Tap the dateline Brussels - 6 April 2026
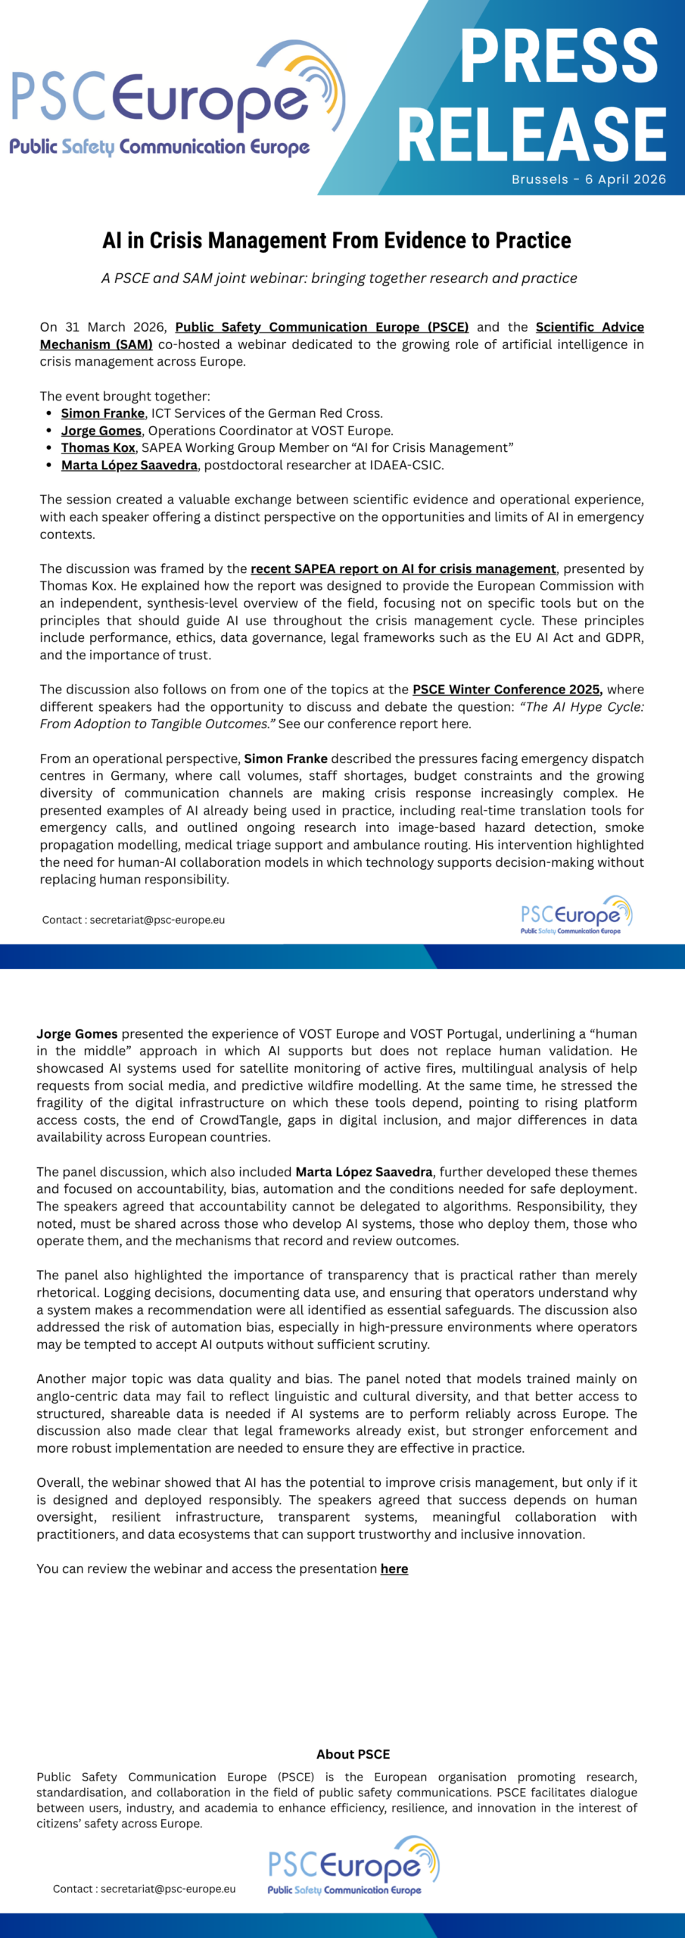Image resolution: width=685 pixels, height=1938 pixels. click(588, 179)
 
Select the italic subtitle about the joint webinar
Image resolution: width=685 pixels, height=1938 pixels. click(339, 278)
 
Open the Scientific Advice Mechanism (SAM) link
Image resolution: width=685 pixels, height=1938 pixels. click(590, 327)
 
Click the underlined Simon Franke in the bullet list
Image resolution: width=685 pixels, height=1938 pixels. click(102, 413)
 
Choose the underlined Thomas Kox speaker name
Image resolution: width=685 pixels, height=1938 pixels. click(98, 447)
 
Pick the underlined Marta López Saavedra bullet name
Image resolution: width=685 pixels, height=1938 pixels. click(129, 465)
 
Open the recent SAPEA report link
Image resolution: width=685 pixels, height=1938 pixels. click(403, 569)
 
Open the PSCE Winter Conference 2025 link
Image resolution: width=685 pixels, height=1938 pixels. click(506, 689)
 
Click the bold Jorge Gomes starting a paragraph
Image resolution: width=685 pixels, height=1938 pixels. click(77, 1033)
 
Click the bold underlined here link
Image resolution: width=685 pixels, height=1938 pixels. click(394, 1569)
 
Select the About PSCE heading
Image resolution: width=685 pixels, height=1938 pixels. click(353, 1754)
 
